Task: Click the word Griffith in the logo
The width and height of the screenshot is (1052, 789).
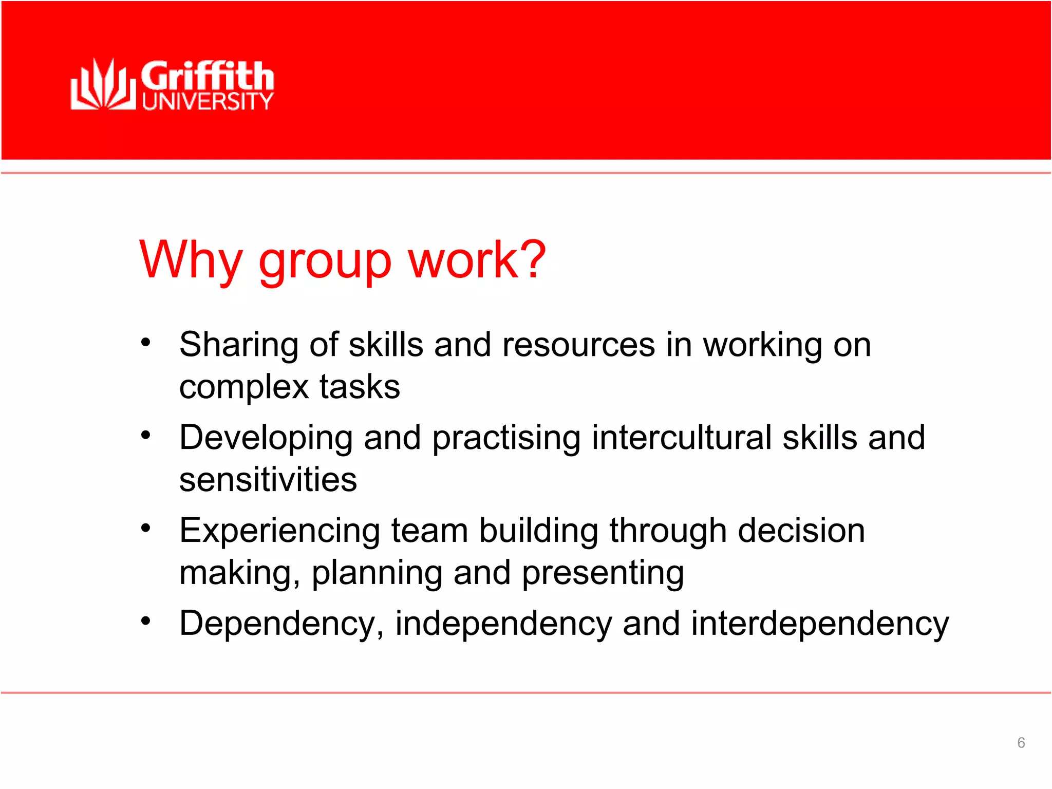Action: pos(208,76)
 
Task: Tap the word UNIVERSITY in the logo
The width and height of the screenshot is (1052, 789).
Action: pos(208,101)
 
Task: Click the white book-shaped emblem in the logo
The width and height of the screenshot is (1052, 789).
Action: pos(103,85)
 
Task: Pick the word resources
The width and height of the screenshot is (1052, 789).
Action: pos(578,345)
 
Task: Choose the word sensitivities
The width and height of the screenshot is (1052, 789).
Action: pos(268,480)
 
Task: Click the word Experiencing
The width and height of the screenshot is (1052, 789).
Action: pos(279,531)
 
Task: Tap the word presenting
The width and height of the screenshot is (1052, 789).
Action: pos(603,573)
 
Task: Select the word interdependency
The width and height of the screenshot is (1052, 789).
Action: pos(820,624)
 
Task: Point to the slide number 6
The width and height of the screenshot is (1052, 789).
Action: pos(1021,742)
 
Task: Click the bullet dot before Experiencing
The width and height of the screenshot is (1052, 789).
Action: pos(146,528)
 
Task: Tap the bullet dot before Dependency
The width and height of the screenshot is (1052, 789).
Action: pos(146,621)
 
